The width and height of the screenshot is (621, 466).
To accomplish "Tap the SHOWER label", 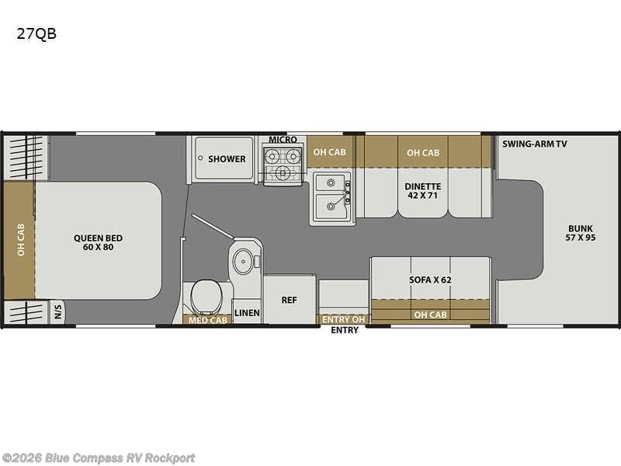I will [x=226, y=159].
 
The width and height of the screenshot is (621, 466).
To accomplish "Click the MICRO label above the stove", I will [x=283, y=140].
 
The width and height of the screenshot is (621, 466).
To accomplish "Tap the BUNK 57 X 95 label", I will [x=581, y=232].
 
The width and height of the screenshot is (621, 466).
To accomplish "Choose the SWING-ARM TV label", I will [x=534, y=144].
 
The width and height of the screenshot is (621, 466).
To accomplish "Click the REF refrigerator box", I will [x=289, y=299].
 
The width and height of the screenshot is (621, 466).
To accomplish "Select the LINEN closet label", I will [x=247, y=313].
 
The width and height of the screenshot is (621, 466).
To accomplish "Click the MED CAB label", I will [x=208, y=320].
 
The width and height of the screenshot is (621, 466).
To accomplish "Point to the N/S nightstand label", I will [x=58, y=314].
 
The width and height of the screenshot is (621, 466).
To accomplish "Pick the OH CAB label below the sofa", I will [x=430, y=315].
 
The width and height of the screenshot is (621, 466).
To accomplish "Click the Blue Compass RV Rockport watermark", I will [x=99, y=458].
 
